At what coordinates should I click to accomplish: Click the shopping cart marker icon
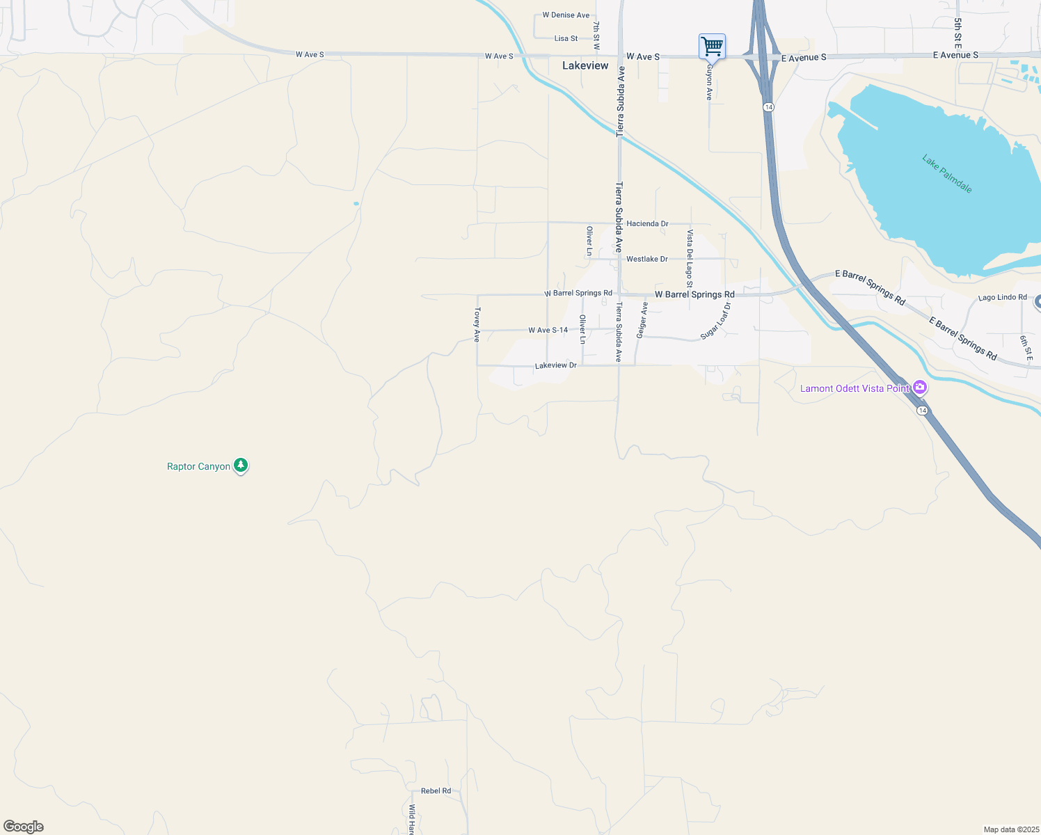coord(712,47)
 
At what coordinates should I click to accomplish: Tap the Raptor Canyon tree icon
coord(241,466)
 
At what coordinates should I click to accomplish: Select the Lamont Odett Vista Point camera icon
coord(920,388)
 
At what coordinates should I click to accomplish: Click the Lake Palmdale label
coord(947,174)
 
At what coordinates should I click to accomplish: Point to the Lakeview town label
coord(585,65)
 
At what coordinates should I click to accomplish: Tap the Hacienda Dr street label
coord(647,223)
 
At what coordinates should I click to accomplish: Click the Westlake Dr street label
coord(646,259)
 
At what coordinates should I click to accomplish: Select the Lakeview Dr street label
coord(556,365)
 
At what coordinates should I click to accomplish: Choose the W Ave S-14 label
coord(548,331)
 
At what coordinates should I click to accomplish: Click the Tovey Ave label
coord(477,324)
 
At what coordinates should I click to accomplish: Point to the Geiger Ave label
coord(642,320)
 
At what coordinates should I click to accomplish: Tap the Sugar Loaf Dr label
coord(717,320)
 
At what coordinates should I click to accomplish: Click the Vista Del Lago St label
coord(690,259)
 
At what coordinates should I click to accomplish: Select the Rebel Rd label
coord(436,790)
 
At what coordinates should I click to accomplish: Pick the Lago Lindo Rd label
coord(1002,297)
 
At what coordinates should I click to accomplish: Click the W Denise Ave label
coord(566,15)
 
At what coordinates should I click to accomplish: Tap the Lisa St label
coord(566,38)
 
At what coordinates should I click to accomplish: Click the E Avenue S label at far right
coord(955,55)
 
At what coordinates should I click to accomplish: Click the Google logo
coord(24,827)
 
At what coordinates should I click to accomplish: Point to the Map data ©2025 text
coord(1010,829)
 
